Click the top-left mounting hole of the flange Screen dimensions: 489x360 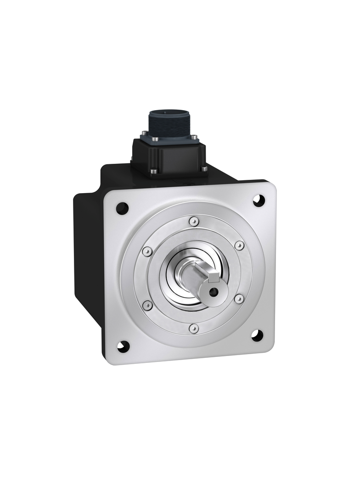pos(122,209)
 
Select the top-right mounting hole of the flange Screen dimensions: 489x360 pos(259,200)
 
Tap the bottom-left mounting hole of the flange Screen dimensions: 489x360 pos(123,347)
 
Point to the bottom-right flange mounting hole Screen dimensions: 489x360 pos(257,336)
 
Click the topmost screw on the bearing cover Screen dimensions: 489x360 pos(194,222)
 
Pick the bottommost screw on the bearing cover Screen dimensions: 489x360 pos(194,328)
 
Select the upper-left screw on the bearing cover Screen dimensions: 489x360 pos(147,251)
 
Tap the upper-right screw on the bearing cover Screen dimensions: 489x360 pos(239,245)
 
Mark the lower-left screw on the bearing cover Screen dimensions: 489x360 pos(147,305)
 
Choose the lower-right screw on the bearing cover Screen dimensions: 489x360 pos(239,299)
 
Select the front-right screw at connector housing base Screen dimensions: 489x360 pos(204,169)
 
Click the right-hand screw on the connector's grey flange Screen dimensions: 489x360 pos(193,137)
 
